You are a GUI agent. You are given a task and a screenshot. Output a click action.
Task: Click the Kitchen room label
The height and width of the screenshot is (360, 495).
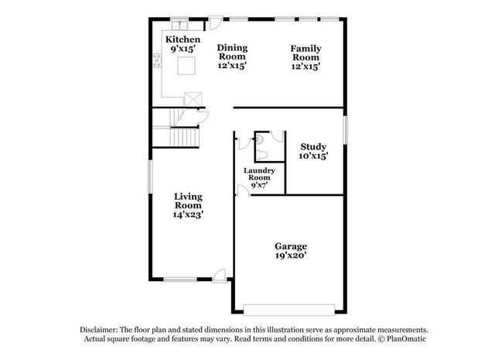point(183,39)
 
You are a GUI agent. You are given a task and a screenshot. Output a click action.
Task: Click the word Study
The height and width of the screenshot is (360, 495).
point(313,146)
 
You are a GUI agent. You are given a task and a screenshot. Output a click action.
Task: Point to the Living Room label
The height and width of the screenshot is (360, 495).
point(188,201)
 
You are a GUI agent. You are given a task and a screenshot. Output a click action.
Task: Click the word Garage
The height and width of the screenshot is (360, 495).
point(290,246)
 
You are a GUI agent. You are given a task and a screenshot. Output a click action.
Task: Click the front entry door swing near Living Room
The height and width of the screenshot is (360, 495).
point(220,273)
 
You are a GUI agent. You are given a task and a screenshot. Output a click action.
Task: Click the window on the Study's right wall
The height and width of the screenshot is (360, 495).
point(345,128)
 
